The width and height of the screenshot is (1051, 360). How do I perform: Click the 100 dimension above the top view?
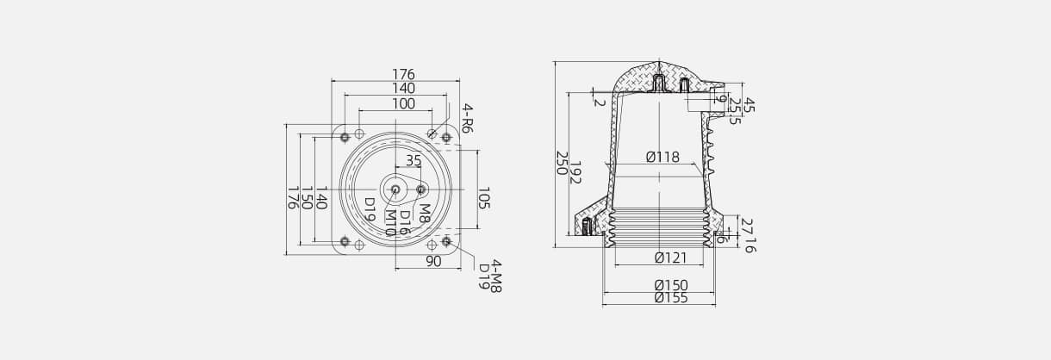click(403, 104)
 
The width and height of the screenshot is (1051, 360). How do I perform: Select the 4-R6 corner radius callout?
click(468, 119)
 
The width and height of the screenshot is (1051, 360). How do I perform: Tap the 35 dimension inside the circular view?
click(414, 160)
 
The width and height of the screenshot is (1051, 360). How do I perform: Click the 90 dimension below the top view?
click(433, 261)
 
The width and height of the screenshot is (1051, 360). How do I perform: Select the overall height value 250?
click(561, 164)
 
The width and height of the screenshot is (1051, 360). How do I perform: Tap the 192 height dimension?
click(575, 172)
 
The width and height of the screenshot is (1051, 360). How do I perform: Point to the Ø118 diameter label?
click(662, 158)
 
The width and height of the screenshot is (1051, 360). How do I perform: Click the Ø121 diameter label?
click(669, 258)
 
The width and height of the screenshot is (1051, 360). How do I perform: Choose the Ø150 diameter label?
click(670, 285)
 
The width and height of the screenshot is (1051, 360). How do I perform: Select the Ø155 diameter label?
click(670, 298)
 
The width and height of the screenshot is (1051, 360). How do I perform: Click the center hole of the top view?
click(395, 189)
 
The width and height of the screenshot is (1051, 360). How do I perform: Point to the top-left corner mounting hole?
click(345, 137)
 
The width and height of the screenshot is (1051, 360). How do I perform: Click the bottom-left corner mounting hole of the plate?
click(345, 242)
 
